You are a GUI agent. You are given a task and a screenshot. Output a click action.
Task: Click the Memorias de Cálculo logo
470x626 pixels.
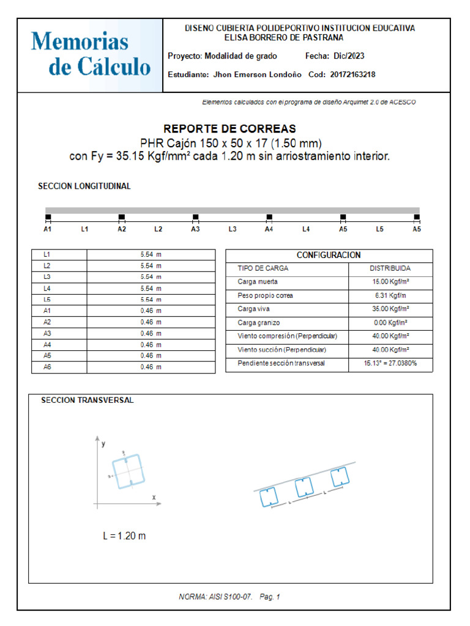[x=91, y=54]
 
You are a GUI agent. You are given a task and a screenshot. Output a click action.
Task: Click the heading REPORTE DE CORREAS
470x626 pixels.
[x=229, y=129]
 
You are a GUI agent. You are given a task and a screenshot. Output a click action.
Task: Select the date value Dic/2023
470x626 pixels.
[x=349, y=56]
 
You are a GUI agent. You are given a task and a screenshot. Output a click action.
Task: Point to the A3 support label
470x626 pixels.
[x=195, y=229]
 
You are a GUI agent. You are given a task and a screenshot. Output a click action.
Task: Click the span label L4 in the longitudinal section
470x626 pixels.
[x=306, y=229]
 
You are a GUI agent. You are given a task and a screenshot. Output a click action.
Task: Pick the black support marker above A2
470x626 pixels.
[x=122, y=217]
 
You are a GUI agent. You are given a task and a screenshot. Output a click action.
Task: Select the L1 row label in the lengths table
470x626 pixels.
[x=47, y=254]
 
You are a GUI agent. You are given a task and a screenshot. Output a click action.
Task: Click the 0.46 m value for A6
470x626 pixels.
[x=151, y=367]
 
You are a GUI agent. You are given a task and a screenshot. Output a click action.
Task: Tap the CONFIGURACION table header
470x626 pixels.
[x=329, y=255]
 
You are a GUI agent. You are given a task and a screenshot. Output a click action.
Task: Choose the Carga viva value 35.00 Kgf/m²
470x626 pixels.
[x=390, y=309]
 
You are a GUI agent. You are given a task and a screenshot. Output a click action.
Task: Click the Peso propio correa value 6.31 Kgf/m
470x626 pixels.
[x=390, y=296]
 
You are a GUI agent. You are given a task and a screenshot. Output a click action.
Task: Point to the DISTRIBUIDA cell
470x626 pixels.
[x=390, y=268]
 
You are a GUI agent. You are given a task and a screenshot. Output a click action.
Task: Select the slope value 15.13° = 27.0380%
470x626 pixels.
[x=390, y=363]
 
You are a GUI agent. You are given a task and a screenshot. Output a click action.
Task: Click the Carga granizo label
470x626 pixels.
[x=259, y=323]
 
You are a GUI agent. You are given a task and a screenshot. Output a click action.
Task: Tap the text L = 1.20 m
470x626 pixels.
[x=124, y=536]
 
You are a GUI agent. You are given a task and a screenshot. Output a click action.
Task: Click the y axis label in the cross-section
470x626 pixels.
[x=103, y=443]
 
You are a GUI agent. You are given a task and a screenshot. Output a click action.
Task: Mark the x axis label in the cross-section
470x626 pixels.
[x=154, y=497]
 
